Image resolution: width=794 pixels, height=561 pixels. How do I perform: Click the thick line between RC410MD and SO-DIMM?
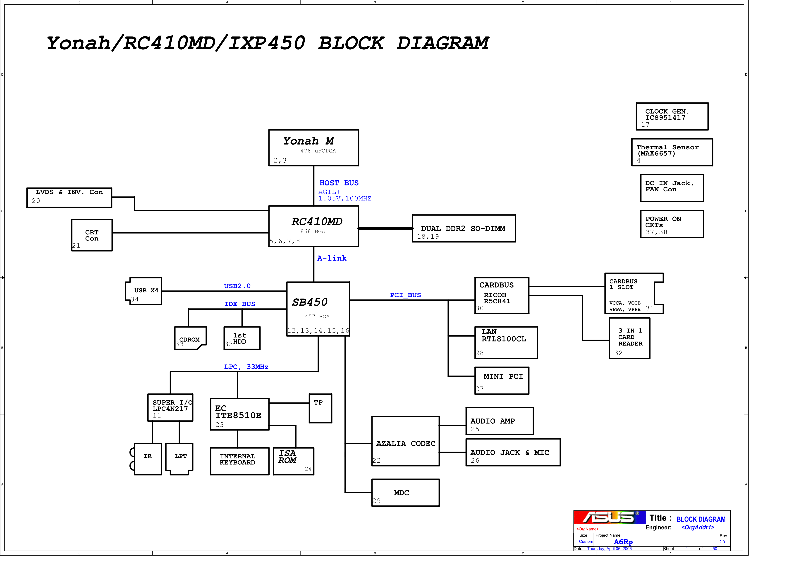click(385, 228)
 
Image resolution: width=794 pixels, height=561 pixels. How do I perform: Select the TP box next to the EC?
click(320, 408)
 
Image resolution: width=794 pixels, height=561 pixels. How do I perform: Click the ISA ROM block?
click(293, 461)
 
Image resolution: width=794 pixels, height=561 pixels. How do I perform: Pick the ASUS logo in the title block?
click(609, 517)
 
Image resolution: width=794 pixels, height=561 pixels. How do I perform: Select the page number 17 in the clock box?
click(645, 124)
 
